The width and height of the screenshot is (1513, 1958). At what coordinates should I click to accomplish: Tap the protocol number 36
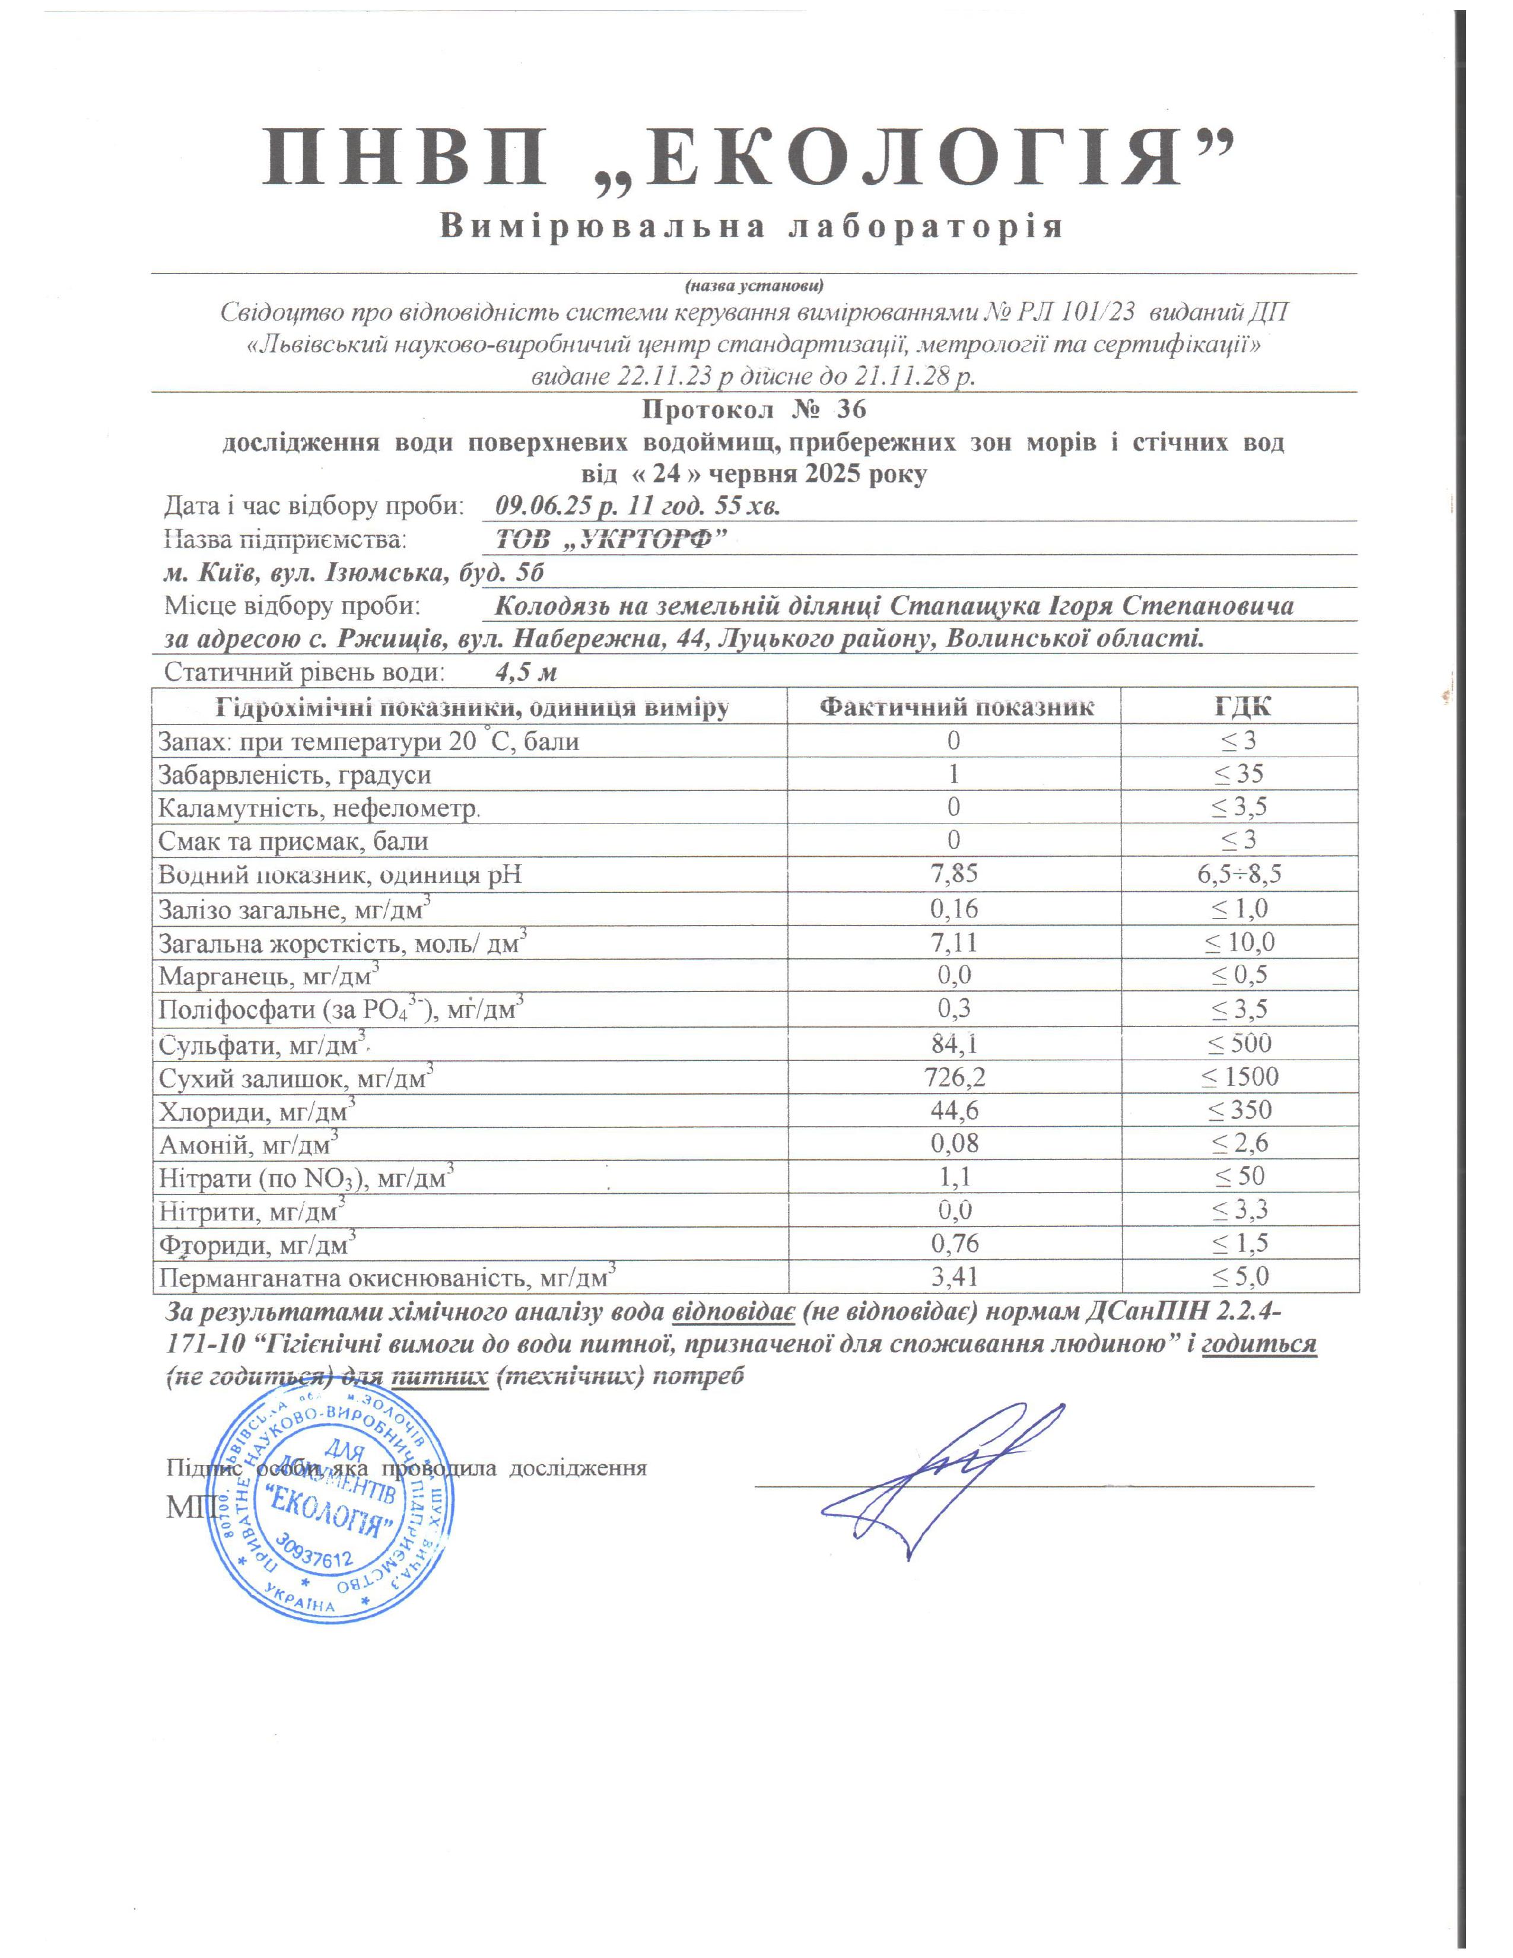pos(851,411)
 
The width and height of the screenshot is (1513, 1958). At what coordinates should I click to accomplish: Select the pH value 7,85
pos(953,874)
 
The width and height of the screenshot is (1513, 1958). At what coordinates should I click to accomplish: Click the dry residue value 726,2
pos(953,1076)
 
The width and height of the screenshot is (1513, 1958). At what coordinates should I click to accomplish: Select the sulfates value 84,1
pos(953,1042)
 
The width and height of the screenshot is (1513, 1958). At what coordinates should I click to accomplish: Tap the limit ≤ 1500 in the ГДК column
pos(1241,1076)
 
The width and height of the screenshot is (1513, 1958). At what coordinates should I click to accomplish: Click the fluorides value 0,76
pos(953,1244)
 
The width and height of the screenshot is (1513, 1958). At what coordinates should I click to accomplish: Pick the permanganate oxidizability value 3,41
pos(953,1277)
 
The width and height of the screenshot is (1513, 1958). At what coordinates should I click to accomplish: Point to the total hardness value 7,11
pos(953,942)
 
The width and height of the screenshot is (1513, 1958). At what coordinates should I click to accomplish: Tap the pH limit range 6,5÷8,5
pos(1241,874)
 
